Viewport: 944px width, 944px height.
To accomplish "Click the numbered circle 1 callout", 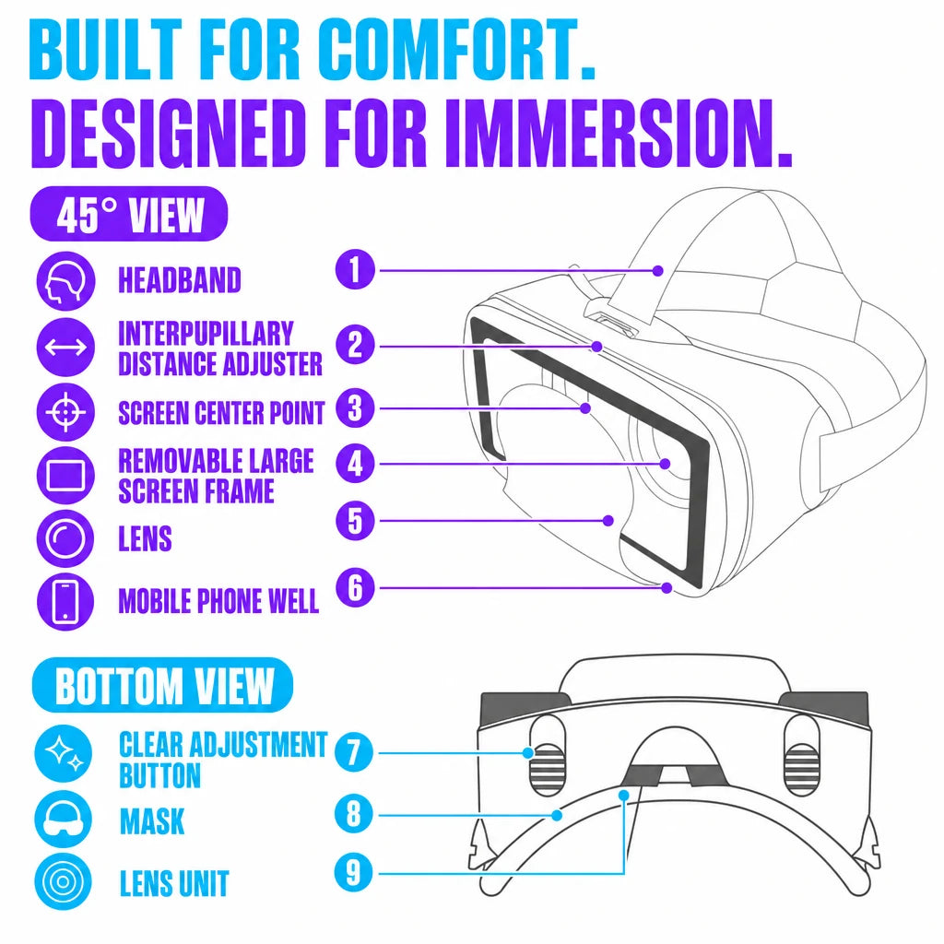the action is coord(355,270).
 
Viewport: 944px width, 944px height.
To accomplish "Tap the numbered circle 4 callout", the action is coord(355,464).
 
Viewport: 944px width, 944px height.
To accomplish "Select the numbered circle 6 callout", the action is coord(355,587).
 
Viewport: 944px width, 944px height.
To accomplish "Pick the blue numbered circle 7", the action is coord(354,752).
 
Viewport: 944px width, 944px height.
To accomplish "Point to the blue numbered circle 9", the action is coord(354,872).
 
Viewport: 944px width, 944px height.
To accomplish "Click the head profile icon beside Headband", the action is coord(65,281).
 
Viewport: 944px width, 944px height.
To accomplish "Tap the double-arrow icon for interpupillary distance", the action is coord(65,348).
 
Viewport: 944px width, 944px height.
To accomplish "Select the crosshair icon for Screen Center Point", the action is coord(65,412).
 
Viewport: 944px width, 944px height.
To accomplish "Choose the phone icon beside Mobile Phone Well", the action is coord(65,601).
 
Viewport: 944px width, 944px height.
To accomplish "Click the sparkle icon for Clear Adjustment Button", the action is coord(64,754).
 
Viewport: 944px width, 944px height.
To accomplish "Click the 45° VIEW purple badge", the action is coord(129,214).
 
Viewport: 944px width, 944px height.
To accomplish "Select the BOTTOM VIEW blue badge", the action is coord(162,685).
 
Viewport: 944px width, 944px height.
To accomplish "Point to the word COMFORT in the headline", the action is coord(454,50).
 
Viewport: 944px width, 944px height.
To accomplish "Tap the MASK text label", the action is coord(152,821).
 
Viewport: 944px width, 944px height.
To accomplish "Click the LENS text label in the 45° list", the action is coord(145,538).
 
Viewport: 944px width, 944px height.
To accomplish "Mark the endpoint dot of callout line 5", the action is coord(608,520).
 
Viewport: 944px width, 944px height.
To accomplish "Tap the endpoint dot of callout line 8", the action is coord(557,815).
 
